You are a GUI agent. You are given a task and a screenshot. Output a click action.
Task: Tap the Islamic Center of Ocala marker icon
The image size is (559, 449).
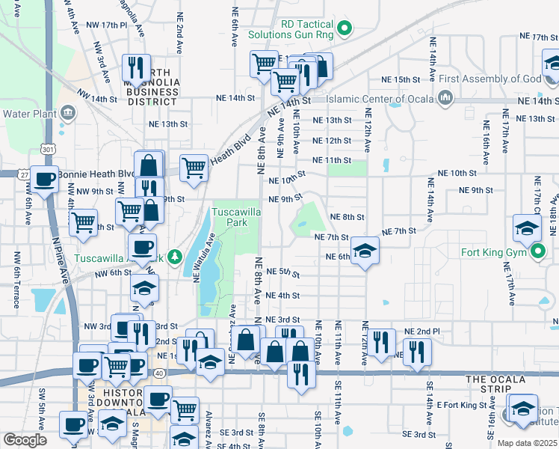(446, 98)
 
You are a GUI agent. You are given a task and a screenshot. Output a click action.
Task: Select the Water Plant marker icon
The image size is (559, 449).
(68, 113)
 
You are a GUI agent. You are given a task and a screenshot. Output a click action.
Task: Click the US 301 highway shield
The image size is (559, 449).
(49, 150)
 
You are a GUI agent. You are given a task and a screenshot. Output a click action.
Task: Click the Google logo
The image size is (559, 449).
(25, 439)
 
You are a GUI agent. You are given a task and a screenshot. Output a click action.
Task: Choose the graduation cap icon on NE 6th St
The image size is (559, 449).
(365, 251)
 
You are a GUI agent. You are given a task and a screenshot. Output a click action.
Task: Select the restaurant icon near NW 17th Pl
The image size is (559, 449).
(136, 67)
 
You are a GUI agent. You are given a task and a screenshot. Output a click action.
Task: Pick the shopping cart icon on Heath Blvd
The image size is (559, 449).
(194, 168)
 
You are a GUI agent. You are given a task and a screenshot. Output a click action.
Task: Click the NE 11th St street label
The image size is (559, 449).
(332, 160)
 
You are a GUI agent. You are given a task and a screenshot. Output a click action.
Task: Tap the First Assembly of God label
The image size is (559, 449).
(489, 79)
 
